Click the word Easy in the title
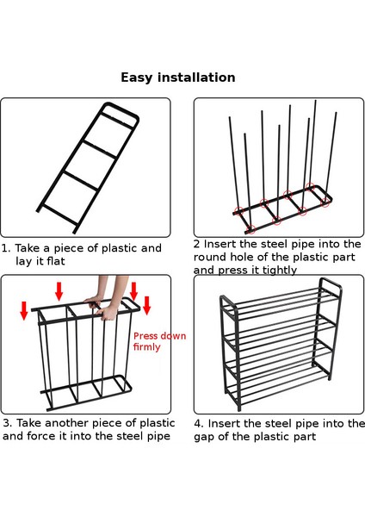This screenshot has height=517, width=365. [137, 78]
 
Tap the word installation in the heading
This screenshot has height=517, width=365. [196, 78]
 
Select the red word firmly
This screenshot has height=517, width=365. [147, 346]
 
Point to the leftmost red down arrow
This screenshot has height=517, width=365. [24, 310]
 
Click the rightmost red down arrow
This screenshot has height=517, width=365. [147, 306]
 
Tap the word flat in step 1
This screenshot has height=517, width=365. [56, 261]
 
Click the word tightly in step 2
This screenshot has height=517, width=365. [280, 270]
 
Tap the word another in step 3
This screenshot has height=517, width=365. [67, 423]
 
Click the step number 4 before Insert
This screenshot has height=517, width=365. [198, 423]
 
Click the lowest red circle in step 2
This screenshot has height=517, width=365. [251, 228]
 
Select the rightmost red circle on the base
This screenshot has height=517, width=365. [325, 202]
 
